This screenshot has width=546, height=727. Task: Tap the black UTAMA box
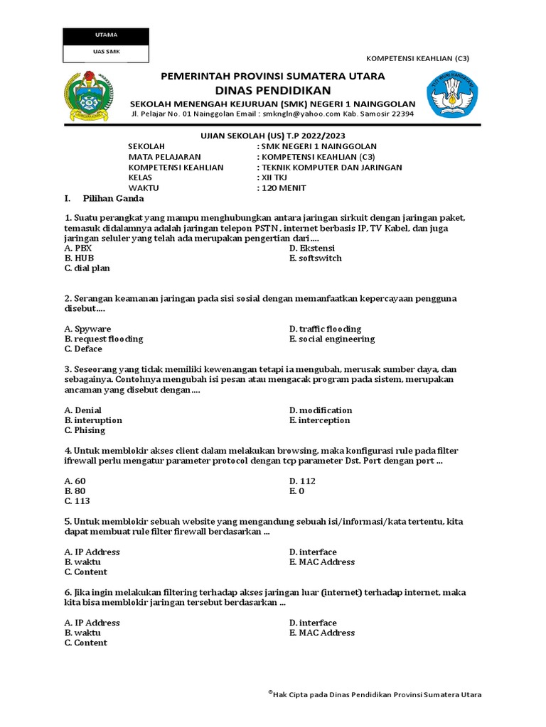[106, 35]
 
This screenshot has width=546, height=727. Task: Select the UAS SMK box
[106, 53]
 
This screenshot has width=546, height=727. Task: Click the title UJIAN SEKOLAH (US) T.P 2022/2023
[273, 136]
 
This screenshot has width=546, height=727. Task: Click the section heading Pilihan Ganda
[114, 199]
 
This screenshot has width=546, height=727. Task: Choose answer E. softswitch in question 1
[316, 258]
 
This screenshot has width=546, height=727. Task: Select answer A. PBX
[78, 248]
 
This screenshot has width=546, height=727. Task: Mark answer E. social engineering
[332, 339]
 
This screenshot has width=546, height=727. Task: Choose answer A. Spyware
[87, 329]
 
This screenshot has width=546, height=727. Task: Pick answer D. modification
[321, 410]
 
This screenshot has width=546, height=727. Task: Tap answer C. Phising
[85, 430]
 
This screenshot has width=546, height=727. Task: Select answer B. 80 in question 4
[75, 491]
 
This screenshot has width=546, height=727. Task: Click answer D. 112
[303, 481]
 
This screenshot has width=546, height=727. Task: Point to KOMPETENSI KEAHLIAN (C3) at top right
[417, 59]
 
